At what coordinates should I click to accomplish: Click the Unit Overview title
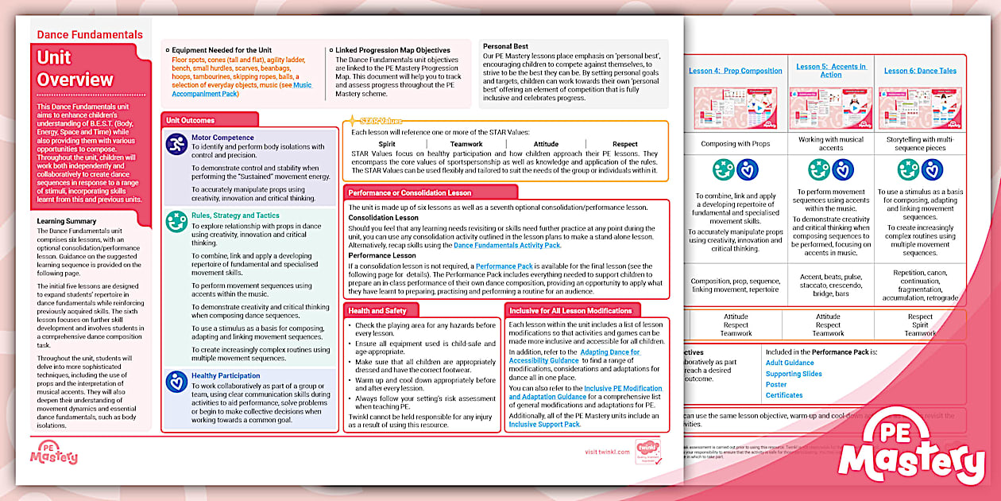(75, 68)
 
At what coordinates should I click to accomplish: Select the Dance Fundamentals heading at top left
(90, 34)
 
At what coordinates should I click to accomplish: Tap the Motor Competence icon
(176, 144)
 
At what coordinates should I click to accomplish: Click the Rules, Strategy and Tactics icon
(176, 222)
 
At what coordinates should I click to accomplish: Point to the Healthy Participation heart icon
(176, 381)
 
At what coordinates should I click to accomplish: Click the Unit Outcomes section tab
(190, 120)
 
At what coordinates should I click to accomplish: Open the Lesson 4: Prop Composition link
(735, 71)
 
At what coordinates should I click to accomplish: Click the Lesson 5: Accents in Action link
(831, 71)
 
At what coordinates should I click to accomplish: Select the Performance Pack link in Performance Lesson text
(504, 267)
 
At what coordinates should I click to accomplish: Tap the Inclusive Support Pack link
(544, 424)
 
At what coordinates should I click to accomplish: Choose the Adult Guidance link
(790, 363)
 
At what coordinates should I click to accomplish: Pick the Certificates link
(784, 395)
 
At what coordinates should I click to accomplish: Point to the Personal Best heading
(505, 46)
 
